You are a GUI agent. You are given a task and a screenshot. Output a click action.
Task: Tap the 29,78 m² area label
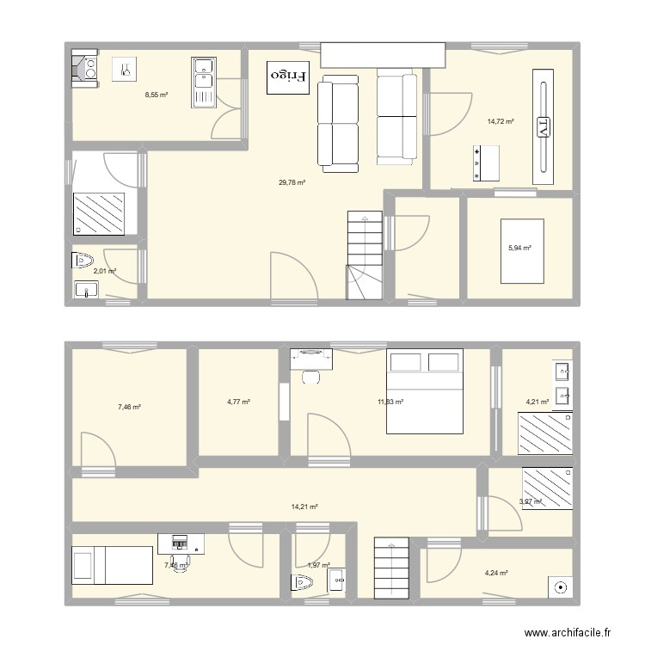click(292, 182)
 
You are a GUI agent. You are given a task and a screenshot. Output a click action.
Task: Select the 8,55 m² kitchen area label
click(156, 95)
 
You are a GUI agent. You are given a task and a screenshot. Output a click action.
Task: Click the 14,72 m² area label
click(500, 121)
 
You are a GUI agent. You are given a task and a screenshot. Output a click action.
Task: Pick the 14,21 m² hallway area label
click(304, 507)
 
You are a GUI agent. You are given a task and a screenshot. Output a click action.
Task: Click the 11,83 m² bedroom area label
click(390, 401)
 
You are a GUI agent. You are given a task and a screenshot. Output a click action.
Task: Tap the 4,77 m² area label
click(238, 402)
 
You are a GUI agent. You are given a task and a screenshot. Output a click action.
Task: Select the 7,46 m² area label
click(129, 407)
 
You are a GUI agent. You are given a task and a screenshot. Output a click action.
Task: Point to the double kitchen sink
click(204, 83)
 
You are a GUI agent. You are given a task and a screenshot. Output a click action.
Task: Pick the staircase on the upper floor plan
click(364, 255)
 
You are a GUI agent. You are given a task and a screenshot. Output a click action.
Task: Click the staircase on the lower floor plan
click(390, 568)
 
